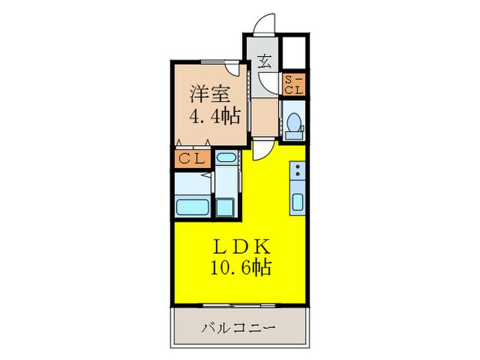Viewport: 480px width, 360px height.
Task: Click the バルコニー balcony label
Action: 239,328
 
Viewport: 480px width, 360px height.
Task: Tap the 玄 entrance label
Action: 265,61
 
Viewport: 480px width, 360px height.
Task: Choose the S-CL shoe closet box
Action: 294,84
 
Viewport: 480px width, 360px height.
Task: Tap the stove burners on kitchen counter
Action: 298,171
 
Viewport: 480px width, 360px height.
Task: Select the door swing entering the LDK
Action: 265,148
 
